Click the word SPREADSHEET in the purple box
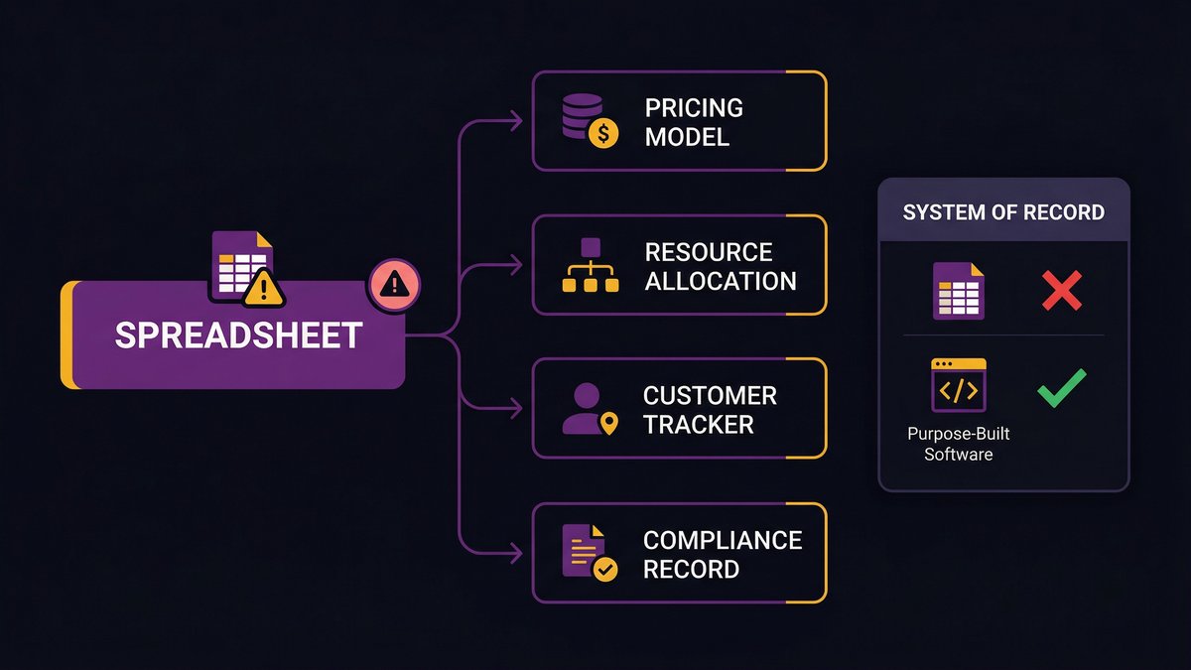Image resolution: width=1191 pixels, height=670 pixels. pos(238,335)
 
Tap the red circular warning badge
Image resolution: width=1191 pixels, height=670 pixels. pos(394,286)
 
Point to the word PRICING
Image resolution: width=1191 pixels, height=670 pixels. pos(694,107)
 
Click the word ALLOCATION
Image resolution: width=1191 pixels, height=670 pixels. pos(721,281)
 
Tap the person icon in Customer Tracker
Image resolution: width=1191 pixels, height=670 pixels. pos(586,410)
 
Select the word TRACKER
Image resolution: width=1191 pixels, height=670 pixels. pos(699,425)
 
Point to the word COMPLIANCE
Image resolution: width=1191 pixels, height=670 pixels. pos(723,540)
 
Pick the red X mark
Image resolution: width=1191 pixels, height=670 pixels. pos(1061,291)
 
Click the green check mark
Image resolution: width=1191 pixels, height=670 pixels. pos(1061,387)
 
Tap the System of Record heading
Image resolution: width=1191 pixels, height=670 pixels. pos(1003,212)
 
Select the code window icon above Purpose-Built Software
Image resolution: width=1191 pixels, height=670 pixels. pos(958,386)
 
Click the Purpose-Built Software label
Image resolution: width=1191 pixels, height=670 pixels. pos(958,444)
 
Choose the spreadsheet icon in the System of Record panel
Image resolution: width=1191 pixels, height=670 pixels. pos(958,291)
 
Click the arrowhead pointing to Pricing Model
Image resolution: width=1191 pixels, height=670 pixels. pos(515,121)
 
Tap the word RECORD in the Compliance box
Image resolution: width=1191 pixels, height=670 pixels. pos(691,569)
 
